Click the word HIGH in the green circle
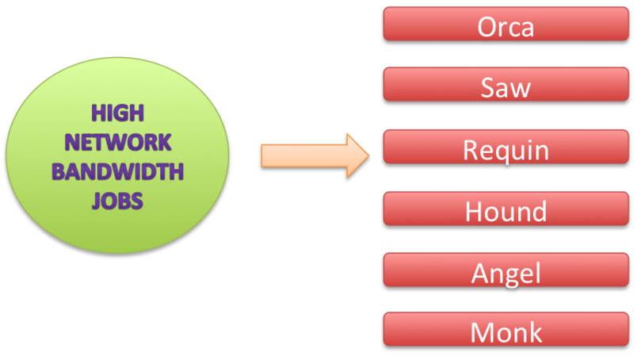tap(117, 113)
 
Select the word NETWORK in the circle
tap(117, 142)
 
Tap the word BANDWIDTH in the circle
tap(117, 170)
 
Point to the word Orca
tap(506, 27)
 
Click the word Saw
tap(506, 87)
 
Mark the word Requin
tap(506, 151)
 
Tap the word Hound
tap(506, 212)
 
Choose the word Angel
tap(506, 274)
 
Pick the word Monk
tap(506, 332)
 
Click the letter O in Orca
tap(487, 27)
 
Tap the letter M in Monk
tap(483, 332)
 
